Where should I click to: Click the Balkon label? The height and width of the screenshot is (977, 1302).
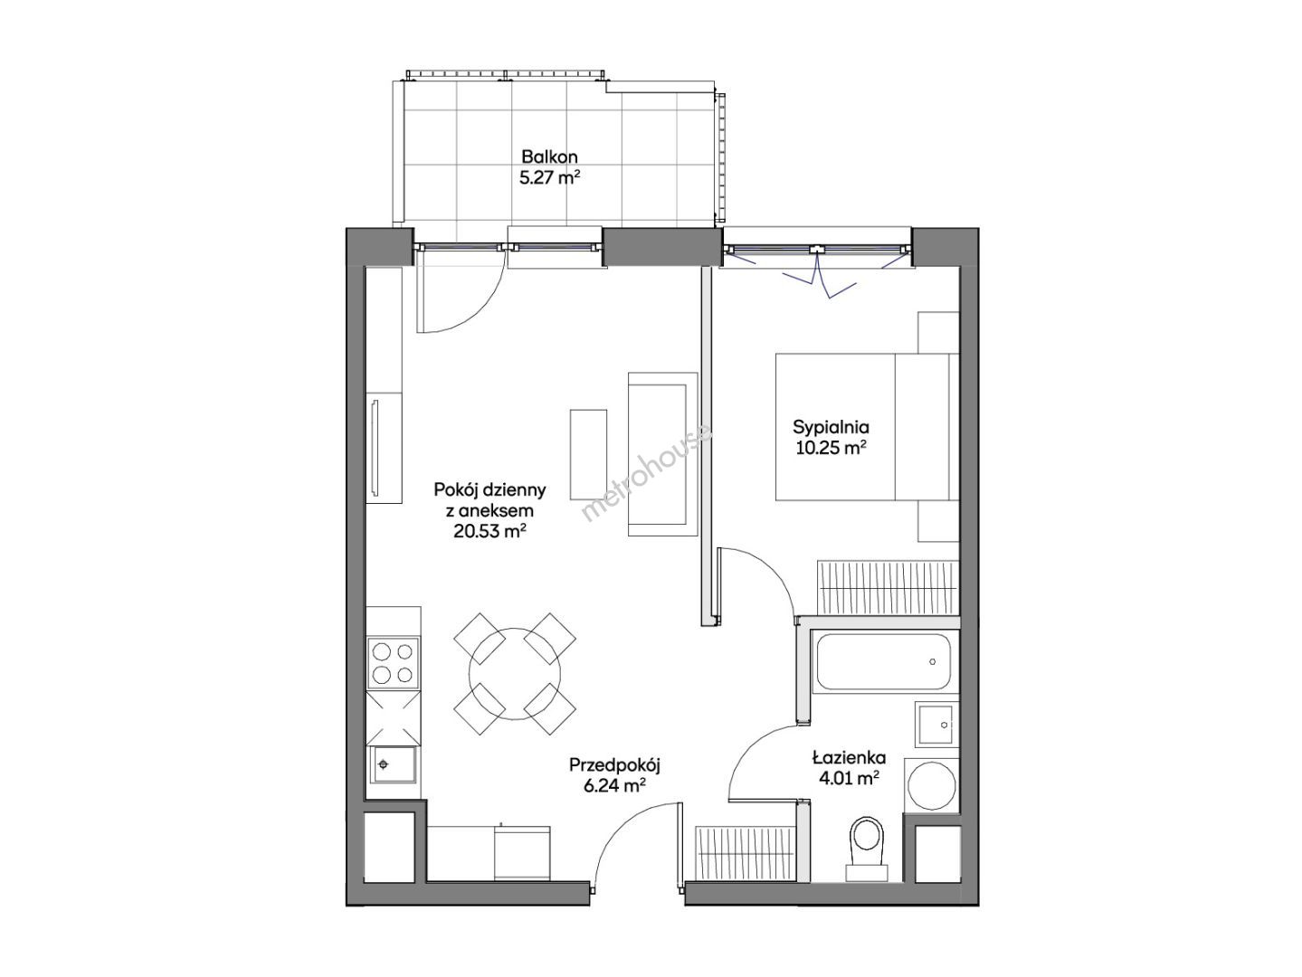pos(549,157)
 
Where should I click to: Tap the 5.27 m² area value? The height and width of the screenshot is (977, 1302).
pos(549,178)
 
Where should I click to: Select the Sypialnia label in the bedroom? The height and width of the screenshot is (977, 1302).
pos(831,427)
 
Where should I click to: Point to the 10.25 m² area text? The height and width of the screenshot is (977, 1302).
pos(831,448)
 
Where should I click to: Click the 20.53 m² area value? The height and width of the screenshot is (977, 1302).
pos(490,531)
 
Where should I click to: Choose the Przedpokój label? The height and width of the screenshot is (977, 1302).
pos(614,765)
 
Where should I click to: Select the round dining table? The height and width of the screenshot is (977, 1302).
pos(514,674)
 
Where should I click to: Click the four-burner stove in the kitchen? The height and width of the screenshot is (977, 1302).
pos(392,663)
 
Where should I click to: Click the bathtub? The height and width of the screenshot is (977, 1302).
pos(883,661)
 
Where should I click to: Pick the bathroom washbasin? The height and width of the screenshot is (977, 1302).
pos(936,725)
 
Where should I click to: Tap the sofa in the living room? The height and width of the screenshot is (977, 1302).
pos(662,454)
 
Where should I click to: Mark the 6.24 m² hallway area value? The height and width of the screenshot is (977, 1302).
pos(614,786)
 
